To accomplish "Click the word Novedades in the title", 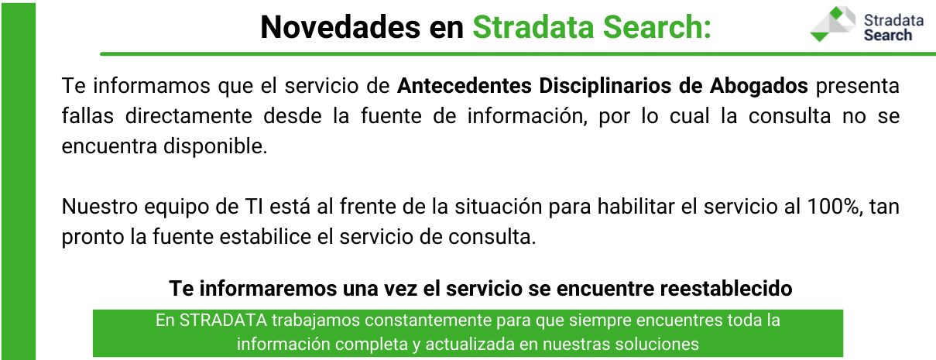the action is coord(340,27).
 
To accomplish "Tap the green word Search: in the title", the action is coord(657,27).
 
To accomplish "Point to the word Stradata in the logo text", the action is coord(893,20).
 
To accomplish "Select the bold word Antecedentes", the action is coord(465,86).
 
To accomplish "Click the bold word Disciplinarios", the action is coord(605,87).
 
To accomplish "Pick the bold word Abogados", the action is coord(759,87).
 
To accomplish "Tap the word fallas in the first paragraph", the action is coord(87,115).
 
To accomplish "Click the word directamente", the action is coord(188,115).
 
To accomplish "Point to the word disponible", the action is coord(215,147).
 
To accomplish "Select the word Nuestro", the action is coord(100,206).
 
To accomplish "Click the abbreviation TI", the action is coord(254,206).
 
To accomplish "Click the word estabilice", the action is coord(266,236).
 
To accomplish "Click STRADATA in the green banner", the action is coord(223,321).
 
